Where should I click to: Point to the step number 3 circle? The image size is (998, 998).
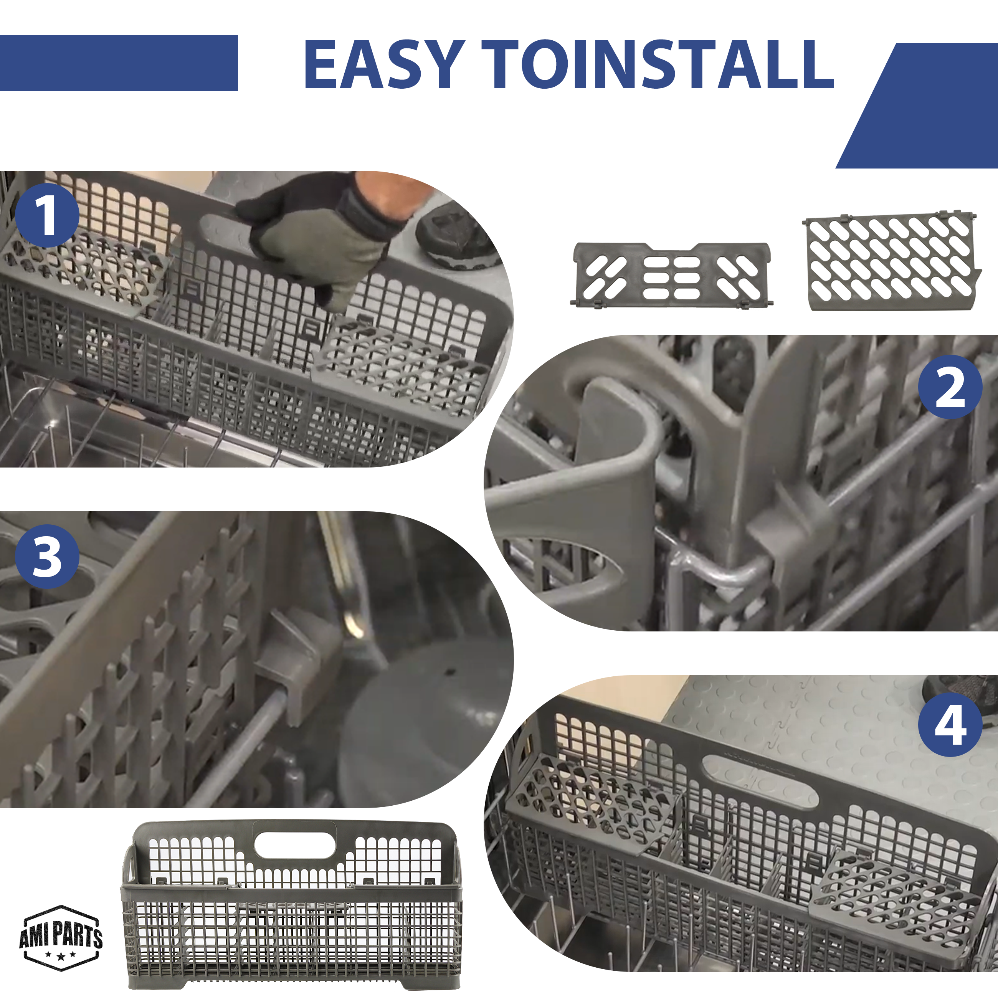pyautogui.click(x=47, y=556)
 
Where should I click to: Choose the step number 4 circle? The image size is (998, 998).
pyautogui.click(x=950, y=725)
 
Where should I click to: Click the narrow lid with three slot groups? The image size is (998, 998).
pyautogui.click(x=671, y=275)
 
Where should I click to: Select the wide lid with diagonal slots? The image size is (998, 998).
pyautogui.click(x=891, y=261)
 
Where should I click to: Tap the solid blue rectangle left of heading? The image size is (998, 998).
pyautogui.click(x=119, y=63)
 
